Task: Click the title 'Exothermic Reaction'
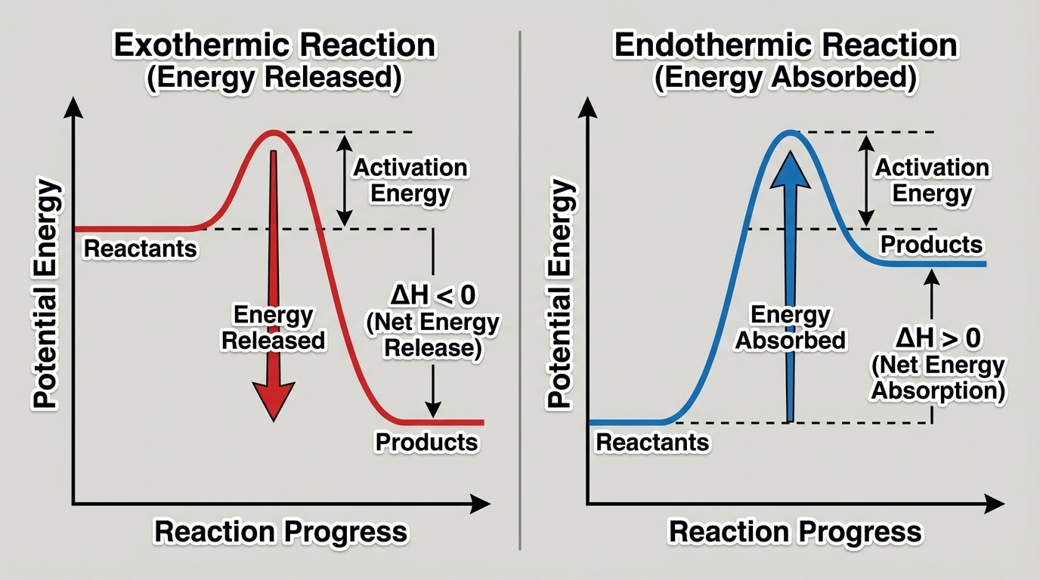[274, 45]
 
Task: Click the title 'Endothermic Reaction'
[785, 45]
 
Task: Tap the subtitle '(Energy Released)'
[274, 79]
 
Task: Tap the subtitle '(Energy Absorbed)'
[785, 79]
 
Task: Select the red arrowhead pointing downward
[273, 399]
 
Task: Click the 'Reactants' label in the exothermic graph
[140, 248]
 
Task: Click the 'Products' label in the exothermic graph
[427, 442]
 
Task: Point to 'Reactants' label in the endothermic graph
[653, 442]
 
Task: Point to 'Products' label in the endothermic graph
[932, 245]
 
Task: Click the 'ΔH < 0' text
[432, 295]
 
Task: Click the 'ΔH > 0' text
[938, 338]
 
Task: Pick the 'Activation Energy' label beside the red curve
[410, 180]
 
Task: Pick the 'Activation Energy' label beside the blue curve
[932, 180]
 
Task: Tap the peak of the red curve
[274, 134]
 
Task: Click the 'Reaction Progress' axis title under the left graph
[280, 532]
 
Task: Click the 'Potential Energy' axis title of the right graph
[559, 295]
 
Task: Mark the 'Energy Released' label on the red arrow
[273, 327]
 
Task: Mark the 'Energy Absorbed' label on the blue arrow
[790, 327]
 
